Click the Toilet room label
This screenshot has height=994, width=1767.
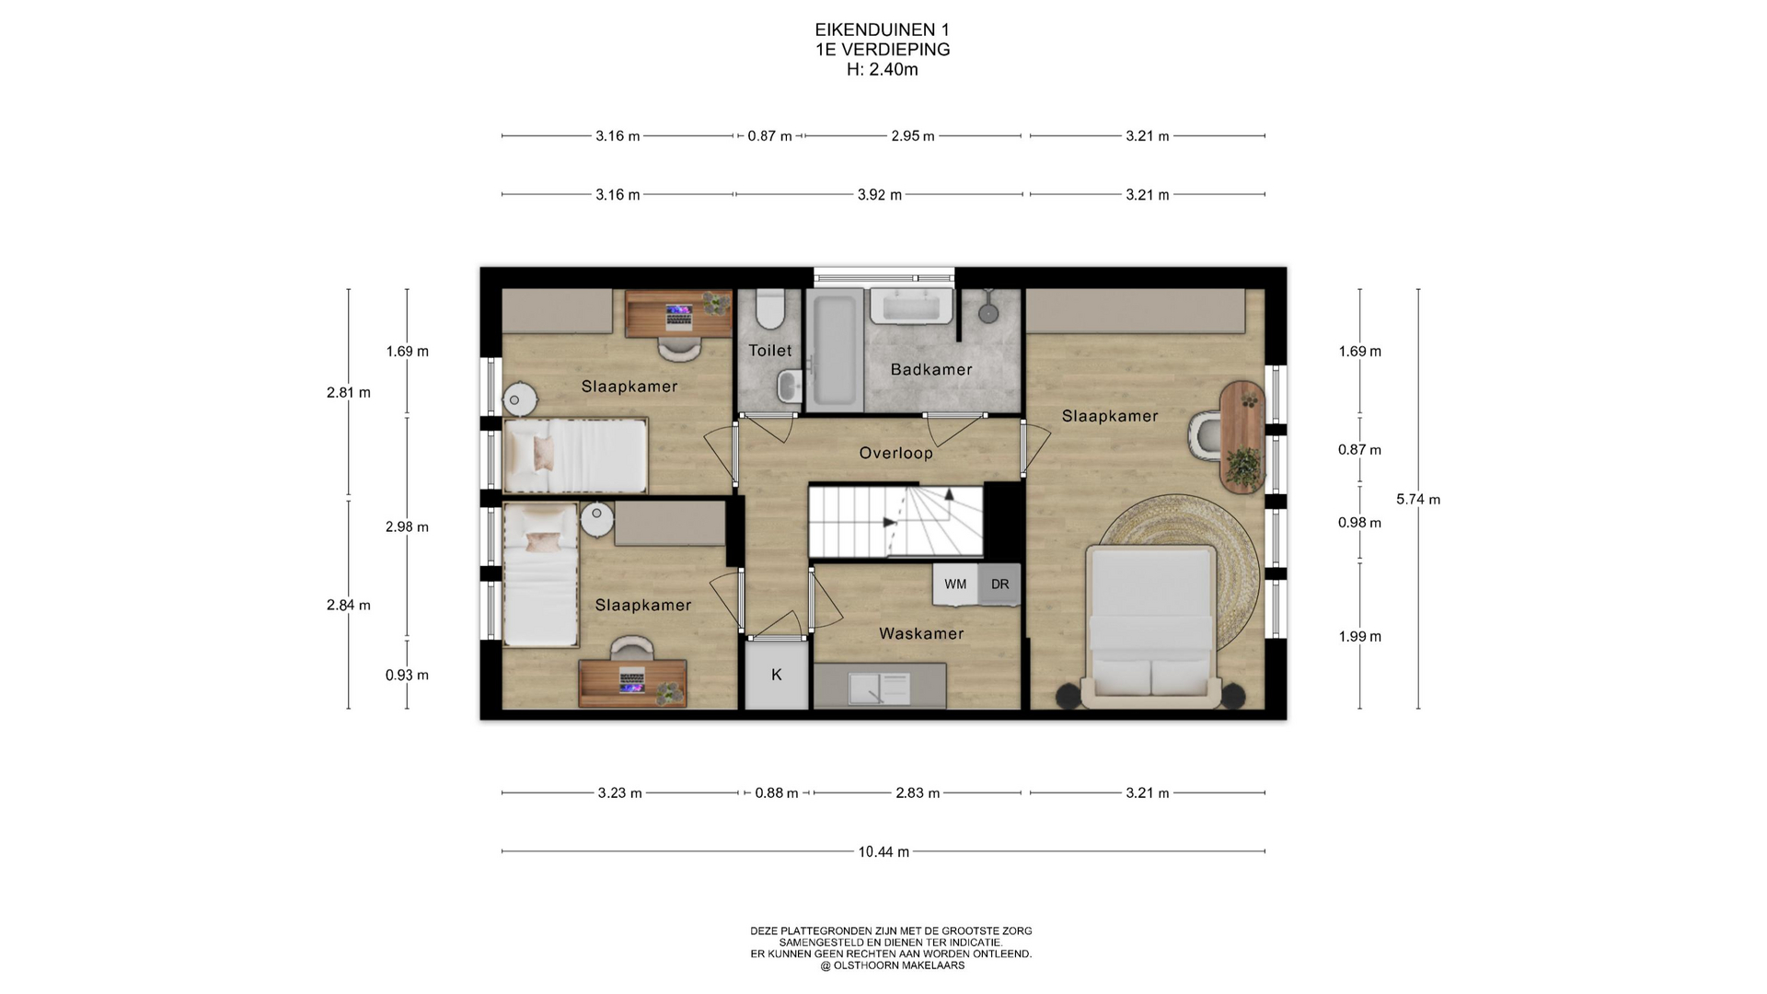[x=769, y=351]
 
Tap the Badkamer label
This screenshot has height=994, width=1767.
[x=931, y=370]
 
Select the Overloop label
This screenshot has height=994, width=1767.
[x=895, y=453]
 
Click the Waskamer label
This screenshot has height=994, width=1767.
[x=921, y=633]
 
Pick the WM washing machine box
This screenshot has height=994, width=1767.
[x=955, y=584]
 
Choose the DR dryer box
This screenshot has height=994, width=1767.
[x=999, y=584]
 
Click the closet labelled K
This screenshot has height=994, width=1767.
[x=776, y=675]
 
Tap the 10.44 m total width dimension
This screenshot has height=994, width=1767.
[x=883, y=852]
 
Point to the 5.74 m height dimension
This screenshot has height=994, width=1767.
[x=1418, y=500]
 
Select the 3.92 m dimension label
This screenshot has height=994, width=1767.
[x=880, y=195]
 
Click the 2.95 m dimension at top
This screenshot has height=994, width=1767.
[x=913, y=136]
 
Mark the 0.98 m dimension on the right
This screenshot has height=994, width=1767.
[x=1359, y=523]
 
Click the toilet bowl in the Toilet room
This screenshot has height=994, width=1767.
[x=768, y=308]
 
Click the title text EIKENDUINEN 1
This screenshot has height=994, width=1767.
[x=883, y=30]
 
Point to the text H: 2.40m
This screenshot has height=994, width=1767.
[x=883, y=69]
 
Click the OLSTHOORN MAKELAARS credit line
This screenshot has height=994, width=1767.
[x=892, y=965]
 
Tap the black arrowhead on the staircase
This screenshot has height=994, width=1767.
[x=889, y=523]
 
